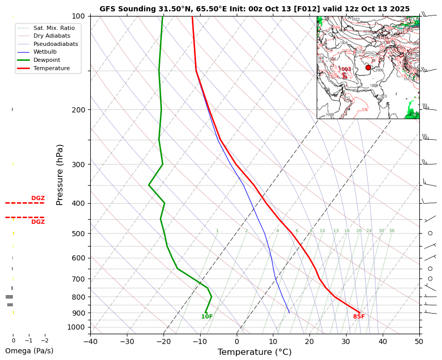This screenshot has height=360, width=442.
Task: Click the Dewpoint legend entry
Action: (51, 60)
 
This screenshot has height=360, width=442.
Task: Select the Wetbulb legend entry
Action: (51, 52)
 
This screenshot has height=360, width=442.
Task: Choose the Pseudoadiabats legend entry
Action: (55, 44)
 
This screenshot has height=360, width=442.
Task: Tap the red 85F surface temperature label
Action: (359, 317)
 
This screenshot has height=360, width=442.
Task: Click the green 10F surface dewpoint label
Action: (207, 317)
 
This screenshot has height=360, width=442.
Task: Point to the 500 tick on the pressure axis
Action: (78, 234)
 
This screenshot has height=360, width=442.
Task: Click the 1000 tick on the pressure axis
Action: (76, 327)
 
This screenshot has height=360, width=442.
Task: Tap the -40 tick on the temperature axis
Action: (90, 341)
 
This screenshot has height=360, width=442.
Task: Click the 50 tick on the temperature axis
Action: (419, 341)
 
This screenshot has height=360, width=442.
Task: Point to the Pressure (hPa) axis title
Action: (60, 175)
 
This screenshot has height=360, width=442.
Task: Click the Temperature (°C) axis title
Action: (254, 352)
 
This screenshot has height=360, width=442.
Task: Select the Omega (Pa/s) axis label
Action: (29, 351)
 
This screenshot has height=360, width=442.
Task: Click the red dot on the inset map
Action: (368, 68)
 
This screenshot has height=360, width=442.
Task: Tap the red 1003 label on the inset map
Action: (345, 69)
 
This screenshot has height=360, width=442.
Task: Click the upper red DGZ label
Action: (38, 198)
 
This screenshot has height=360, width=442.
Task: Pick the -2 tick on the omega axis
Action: (44, 340)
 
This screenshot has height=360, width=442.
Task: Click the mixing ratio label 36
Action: (392, 231)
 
